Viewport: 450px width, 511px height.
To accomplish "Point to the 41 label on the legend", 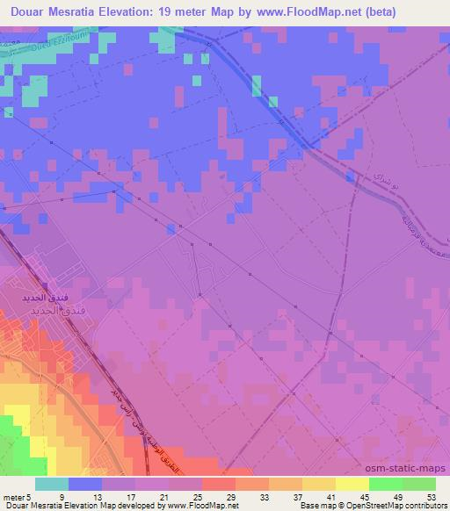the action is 334,496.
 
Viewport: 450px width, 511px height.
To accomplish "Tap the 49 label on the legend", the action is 401,496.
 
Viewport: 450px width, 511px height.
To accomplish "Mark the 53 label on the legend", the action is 433,496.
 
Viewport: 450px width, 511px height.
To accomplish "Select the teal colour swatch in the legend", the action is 52,484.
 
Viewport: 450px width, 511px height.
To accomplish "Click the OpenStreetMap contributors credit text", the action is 400,506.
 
